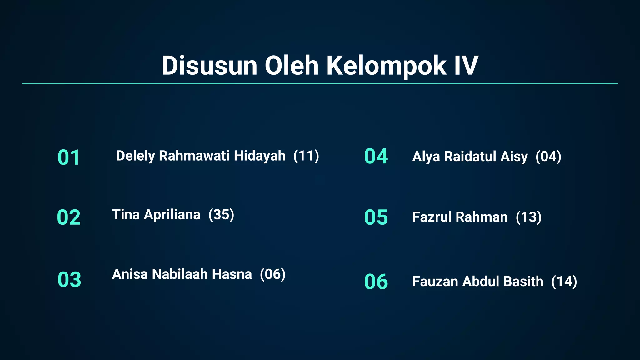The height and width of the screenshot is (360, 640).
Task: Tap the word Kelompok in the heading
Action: click(387, 66)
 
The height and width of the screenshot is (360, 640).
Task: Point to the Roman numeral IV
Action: click(466, 66)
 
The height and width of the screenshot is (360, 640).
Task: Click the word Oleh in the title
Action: click(292, 66)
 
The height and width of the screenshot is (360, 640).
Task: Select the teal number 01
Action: click(69, 157)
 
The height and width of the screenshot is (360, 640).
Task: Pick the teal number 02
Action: click(69, 217)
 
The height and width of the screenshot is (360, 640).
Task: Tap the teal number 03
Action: click(69, 279)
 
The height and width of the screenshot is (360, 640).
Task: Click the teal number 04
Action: click(376, 156)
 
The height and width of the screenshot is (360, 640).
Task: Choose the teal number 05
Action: click(376, 217)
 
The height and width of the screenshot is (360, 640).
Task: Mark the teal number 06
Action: click(376, 282)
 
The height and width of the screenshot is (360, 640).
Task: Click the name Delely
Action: click(135, 156)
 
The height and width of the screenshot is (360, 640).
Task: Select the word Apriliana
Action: click(172, 215)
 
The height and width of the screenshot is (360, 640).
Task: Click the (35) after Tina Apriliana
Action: click(221, 215)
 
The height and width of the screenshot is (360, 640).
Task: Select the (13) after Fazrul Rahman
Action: click(528, 217)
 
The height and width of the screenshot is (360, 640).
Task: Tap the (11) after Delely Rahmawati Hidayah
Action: click(306, 156)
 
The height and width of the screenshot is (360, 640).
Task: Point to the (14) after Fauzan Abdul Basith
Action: click(564, 282)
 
